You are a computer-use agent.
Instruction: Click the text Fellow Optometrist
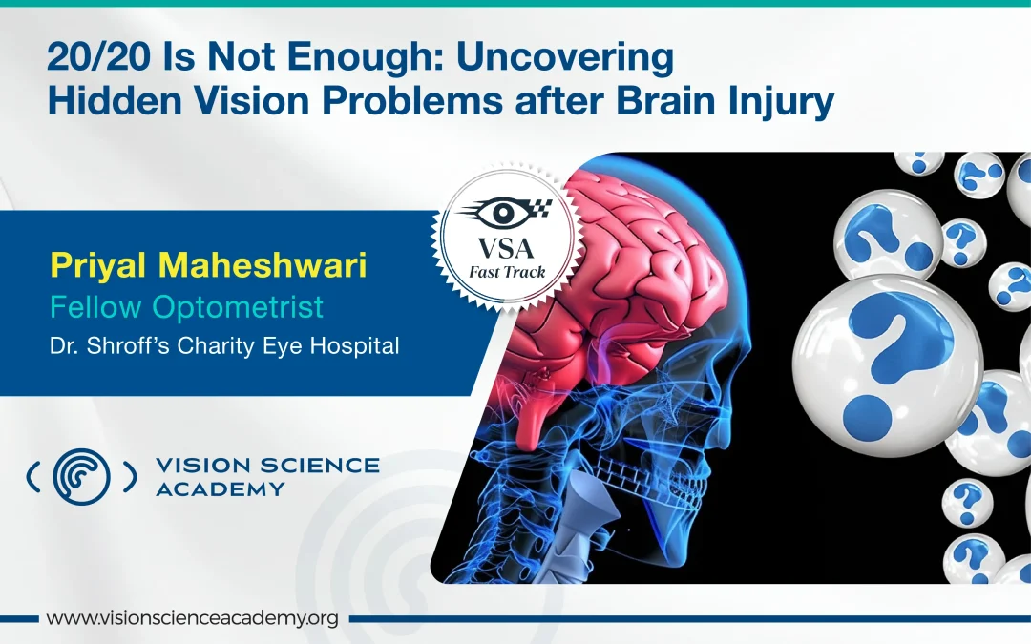click(x=186, y=307)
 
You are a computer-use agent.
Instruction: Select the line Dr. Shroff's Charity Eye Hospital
click(x=224, y=345)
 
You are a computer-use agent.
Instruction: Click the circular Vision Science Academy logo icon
click(x=81, y=475)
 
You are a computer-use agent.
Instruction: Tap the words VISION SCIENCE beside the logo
click(x=266, y=466)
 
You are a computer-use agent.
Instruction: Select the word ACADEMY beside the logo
click(x=220, y=489)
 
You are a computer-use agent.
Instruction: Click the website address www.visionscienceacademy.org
click(x=192, y=618)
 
